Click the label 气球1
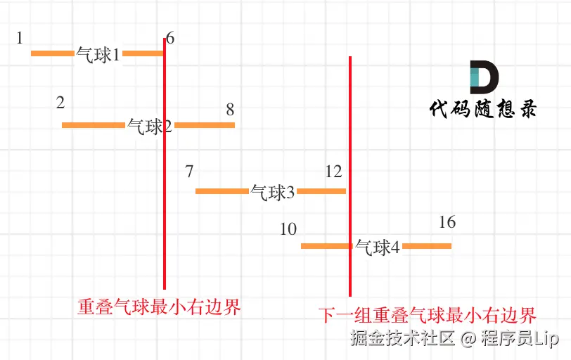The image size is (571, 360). pyautogui.click(x=98, y=55)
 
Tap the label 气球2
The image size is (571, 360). pyautogui.click(x=150, y=127)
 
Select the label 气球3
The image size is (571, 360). pyautogui.click(x=273, y=192)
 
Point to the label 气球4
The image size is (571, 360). pyautogui.click(x=378, y=247)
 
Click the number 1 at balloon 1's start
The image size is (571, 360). pyautogui.click(x=20, y=37)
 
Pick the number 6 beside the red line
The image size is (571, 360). pyautogui.click(x=171, y=39)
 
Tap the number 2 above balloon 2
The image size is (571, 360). pyautogui.click(x=60, y=103)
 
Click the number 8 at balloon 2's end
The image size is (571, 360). pyautogui.click(x=230, y=110)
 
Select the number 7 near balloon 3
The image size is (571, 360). pyautogui.click(x=188, y=172)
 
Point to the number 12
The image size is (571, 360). pyautogui.click(x=333, y=172)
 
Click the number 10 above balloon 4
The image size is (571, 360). pyautogui.click(x=288, y=229)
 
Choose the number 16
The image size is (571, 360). pyautogui.click(x=447, y=223)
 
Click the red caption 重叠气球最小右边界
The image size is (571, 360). pyautogui.click(x=159, y=307)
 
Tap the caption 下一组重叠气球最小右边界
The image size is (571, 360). pyautogui.click(x=427, y=314)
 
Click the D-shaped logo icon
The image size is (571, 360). pyautogui.click(x=484, y=77)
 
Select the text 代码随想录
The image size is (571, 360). pyautogui.click(x=483, y=109)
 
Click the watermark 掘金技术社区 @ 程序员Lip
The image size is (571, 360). pyautogui.click(x=455, y=338)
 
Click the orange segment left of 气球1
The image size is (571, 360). pyautogui.click(x=53, y=53)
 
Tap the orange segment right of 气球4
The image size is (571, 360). pyautogui.click(x=427, y=246)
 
